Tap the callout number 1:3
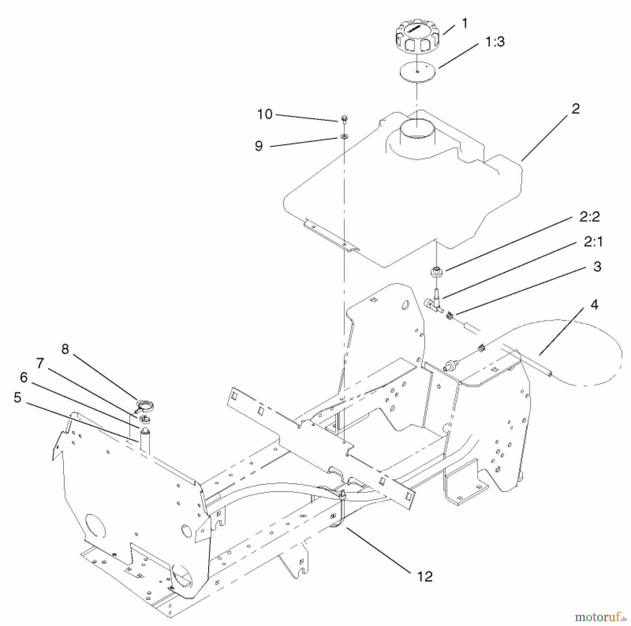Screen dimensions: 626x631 (x=495, y=42)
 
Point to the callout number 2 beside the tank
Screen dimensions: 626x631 (x=576, y=109)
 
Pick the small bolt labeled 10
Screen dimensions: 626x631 (x=344, y=119)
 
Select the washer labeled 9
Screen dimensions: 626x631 (x=344, y=136)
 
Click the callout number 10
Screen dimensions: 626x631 (x=265, y=114)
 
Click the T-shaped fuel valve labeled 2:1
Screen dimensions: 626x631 (x=434, y=301)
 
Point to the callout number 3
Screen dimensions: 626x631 (x=597, y=267)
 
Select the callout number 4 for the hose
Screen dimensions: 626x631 (x=594, y=305)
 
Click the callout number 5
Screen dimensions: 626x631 (x=18, y=397)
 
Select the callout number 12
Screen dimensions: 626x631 (x=425, y=577)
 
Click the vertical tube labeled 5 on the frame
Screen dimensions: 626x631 (x=145, y=441)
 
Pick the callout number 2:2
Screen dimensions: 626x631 (x=589, y=217)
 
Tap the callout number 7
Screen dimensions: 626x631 (x=40, y=363)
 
